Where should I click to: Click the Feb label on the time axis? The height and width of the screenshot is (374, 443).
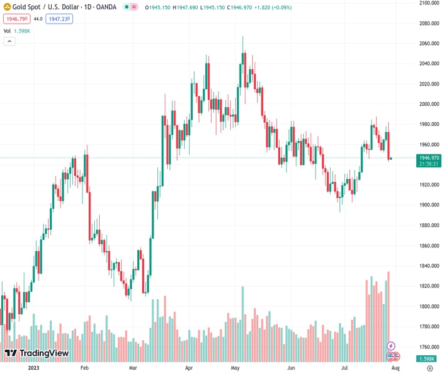(x=84, y=368)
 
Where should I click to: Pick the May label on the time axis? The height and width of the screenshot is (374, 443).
(x=235, y=368)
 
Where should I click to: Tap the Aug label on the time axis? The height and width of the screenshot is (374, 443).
(x=394, y=368)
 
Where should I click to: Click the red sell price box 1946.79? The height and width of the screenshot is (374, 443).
(x=16, y=19)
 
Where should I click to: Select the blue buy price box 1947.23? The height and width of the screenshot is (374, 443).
(x=60, y=19)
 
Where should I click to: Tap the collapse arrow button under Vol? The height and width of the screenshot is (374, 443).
(x=9, y=41)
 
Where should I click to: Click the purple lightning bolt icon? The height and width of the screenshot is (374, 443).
(x=391, y=345)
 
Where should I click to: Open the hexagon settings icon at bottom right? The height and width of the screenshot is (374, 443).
(x=430, y=368)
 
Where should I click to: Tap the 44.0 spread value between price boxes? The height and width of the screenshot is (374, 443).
(x=37, y=19)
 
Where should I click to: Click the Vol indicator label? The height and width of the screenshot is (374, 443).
(x=7, y=31)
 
